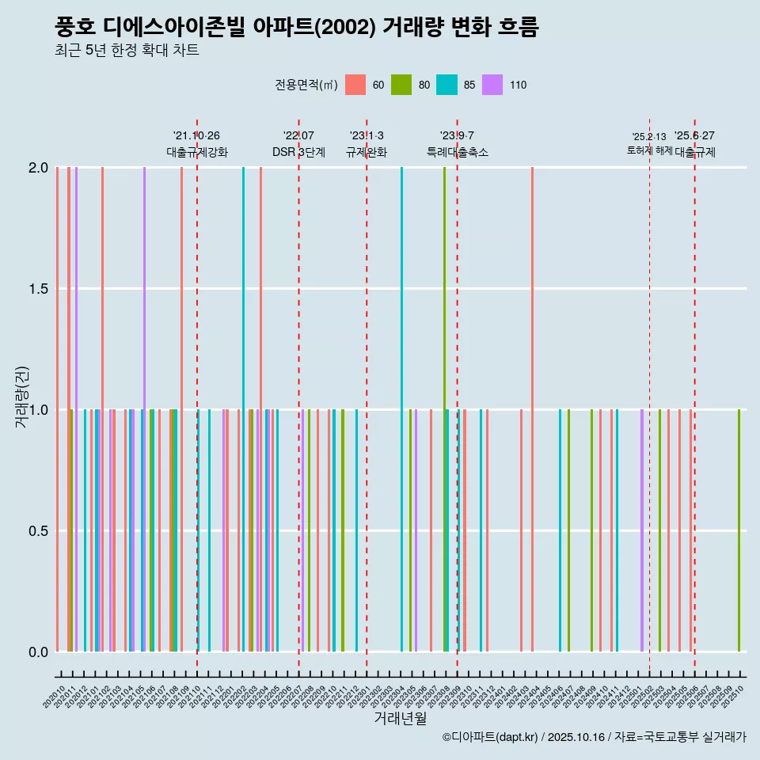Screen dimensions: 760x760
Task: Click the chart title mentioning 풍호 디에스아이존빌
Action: pyautogui.click(x=296, y=28)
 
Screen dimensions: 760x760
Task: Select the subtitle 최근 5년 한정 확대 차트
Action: pyautogui.click(x=127, y=51)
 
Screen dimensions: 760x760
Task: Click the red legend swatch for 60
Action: pyautogui.click(x=355, y=85)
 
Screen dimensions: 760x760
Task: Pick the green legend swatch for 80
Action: pyautogui.click(x=401, y=85)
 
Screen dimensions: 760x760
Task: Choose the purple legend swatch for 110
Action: pyautogui.click(x=492, y=85)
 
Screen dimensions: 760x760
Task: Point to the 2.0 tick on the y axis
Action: pyautogui.click(x=38, y=168)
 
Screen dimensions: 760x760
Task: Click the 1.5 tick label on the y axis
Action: pyautogui.click(x=38, y=289)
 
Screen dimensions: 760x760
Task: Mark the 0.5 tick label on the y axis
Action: pyautogui.click(x=38, y=530)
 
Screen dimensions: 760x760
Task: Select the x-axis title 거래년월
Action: pyautogui.click(x=401, y=718)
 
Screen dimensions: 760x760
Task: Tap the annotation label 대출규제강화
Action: pyautogui.click(x=196, y=152)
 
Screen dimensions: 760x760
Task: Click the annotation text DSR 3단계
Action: pyautogui.click(x=298, y=152)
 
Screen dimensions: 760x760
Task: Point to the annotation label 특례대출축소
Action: pyautogui.click(x=457, y=152)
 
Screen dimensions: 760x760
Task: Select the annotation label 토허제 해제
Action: pyautogui.click(x=649, y=150)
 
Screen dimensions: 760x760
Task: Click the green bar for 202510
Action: pyautogui.click(x=739, y=530)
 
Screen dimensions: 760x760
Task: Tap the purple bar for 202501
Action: pyautogui.click(x=642, y=530)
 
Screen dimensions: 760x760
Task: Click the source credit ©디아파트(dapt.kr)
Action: pyautogui.click(x=491, y=737)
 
